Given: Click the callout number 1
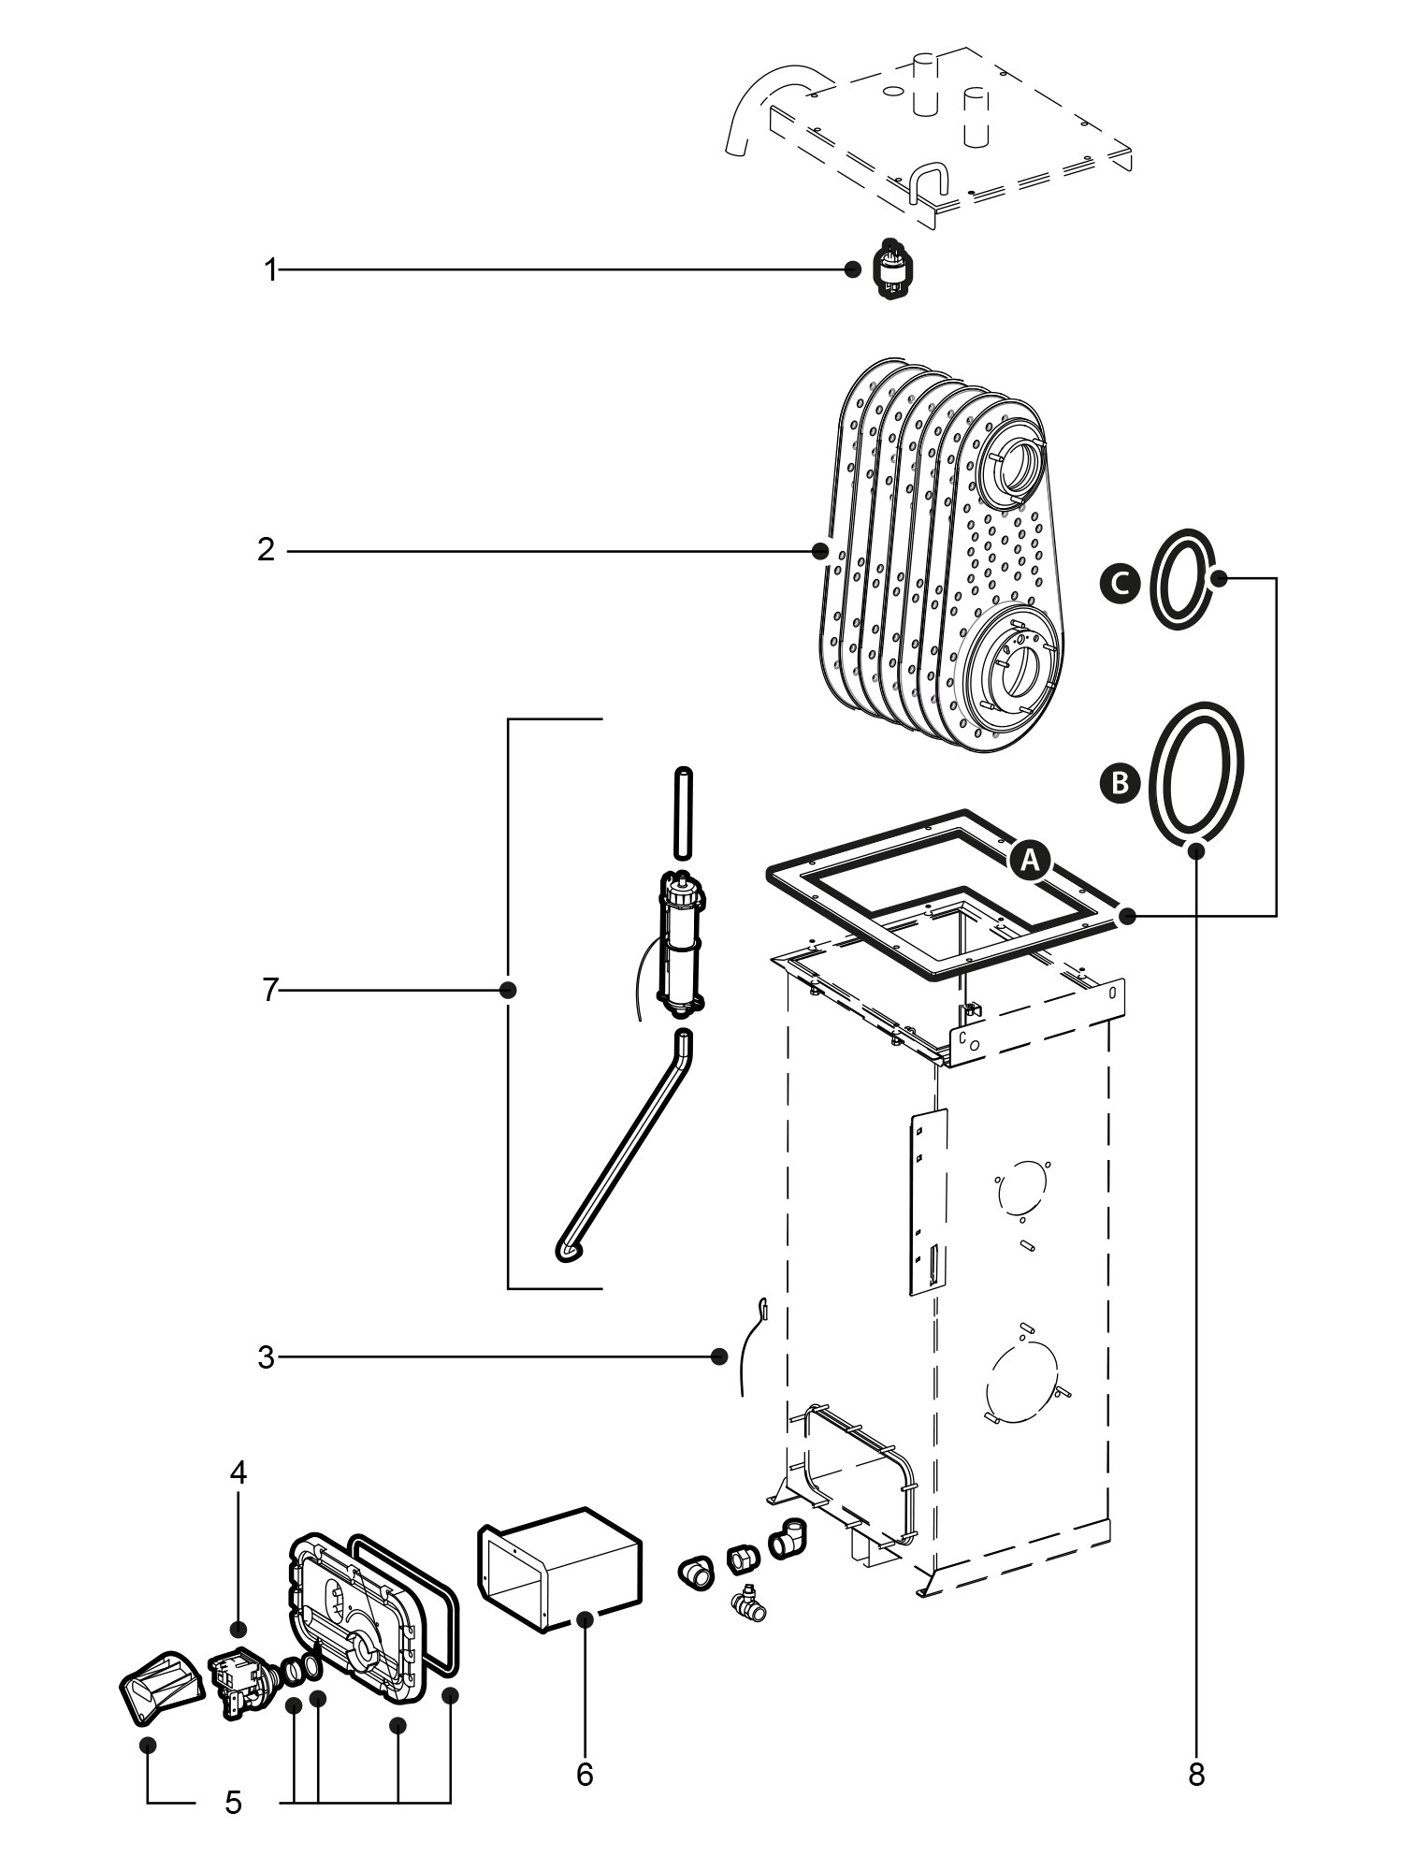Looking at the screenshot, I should tap(270, 271).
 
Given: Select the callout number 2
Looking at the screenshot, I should tap(267, 550).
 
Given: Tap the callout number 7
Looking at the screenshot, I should tap(270, 989).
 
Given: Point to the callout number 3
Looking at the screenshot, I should tap(267, 1356).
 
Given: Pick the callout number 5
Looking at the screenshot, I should tap(233, 1802).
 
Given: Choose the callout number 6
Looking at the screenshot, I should tap(585, 1774).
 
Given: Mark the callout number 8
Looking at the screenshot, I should tap(1196, 1774).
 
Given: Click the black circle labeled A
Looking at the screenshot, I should tap(1030, 861).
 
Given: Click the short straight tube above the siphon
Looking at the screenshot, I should tap(683, 812).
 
